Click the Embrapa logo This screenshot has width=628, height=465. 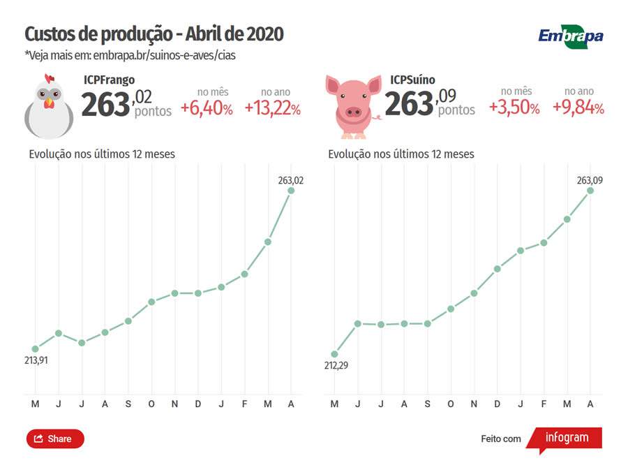(570, 36)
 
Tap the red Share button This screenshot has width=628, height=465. (55, 438)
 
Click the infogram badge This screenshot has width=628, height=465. (565, 438)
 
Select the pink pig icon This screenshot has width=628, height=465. (353, 105)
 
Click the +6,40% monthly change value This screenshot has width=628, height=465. (207, 108)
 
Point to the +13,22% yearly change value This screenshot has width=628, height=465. (273, 108)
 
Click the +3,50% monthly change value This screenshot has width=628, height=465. (514, 108)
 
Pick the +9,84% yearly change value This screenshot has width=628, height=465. (578, 108)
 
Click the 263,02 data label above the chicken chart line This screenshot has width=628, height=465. (290, 180)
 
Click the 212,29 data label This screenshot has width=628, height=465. (335, 365)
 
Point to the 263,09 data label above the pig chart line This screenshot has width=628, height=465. (590, 180)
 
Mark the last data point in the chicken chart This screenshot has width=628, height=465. (291, 190)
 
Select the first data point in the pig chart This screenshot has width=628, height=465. (334, 354)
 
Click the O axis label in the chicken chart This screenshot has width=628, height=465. (151, 404)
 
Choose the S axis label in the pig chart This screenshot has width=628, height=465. (428, 404)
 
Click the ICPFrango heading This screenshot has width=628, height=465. (110, 80)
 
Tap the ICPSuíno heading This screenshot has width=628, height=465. (412, 80)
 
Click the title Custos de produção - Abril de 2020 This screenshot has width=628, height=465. (154, 34)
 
